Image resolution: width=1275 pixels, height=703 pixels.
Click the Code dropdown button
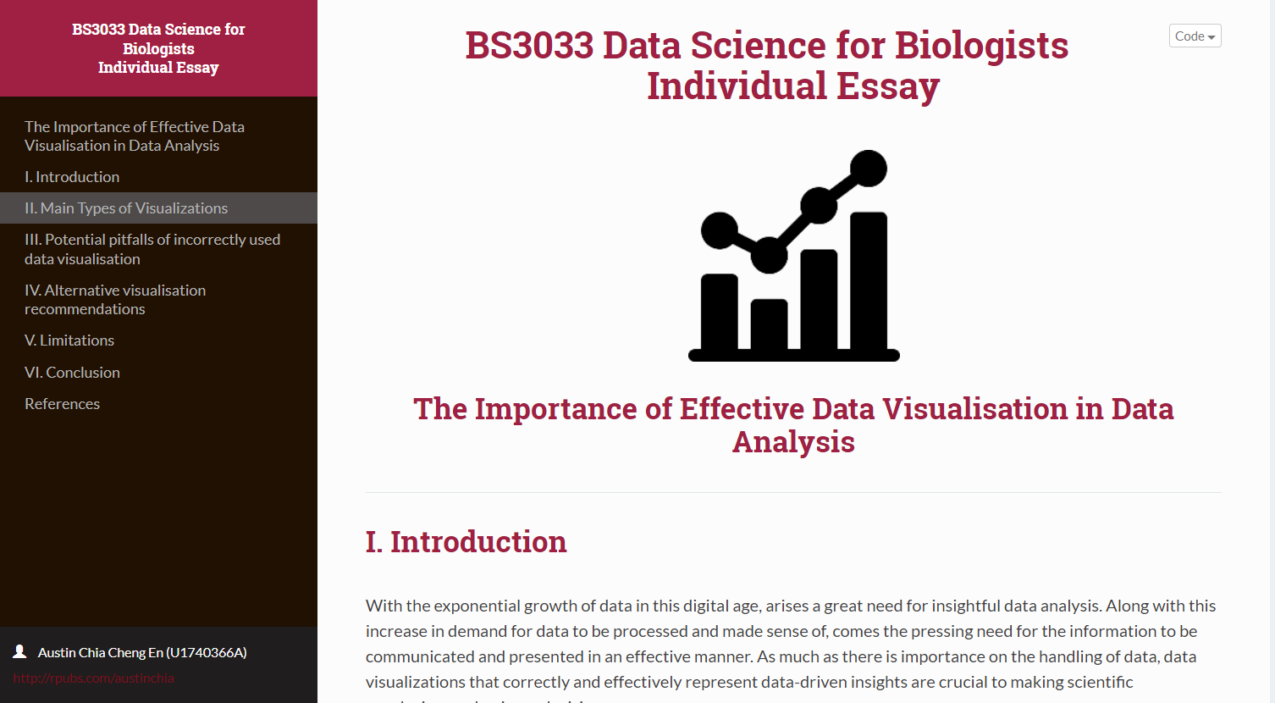coord(1195,36)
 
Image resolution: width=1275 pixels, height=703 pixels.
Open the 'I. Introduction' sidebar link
coord(72,177)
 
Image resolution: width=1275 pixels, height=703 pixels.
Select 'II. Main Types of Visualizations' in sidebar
coord(126,208)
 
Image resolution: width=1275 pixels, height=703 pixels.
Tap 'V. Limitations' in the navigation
coord(69,340)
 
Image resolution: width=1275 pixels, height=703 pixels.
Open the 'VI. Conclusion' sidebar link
coord(72,373)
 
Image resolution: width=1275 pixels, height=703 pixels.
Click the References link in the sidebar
coord(62,404)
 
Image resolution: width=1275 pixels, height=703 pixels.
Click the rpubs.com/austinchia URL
coord(93,678)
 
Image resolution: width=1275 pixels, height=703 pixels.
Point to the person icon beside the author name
coord(19,651)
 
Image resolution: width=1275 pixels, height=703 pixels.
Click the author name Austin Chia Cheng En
coord(142,653)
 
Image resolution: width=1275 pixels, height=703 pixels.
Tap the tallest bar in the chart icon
coord(868,280)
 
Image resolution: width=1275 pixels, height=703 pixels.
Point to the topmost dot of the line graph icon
coord(868,168)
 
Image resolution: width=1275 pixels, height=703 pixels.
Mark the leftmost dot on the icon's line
coord(720,230)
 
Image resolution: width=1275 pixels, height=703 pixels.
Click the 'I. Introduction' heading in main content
coord(466,542)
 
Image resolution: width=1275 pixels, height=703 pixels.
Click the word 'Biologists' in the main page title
coord(981,46)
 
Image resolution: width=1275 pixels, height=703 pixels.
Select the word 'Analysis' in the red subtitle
coord(793,442)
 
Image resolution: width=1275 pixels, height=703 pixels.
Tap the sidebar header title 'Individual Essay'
coord(158,68)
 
